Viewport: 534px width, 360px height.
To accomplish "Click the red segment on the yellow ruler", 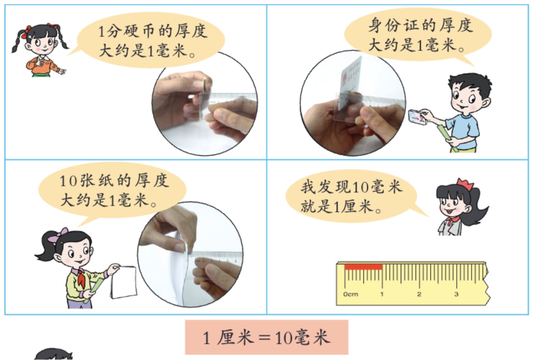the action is pos(363,267).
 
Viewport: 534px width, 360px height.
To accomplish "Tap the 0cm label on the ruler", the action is pos(350,294).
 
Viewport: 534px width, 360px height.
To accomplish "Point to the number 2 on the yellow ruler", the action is pos(419,294).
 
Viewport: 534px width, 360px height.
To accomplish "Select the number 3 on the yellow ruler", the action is pos(456,294).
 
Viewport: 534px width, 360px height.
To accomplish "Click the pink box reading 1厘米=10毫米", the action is pos(266,337).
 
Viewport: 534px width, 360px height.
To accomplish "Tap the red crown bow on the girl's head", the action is pos(465,185).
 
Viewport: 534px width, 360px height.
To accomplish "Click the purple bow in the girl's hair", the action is pos(58,235).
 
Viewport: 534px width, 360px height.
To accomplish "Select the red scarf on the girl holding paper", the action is pos(81,277).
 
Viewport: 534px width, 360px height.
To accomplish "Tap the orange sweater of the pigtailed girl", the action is pos(43,65).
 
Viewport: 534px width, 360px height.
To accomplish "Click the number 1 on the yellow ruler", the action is pos(382,294).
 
